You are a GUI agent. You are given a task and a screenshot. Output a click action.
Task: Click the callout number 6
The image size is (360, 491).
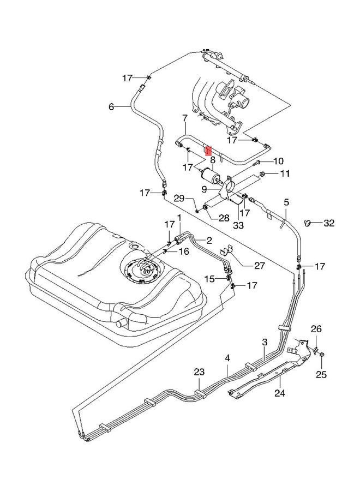[111, 107]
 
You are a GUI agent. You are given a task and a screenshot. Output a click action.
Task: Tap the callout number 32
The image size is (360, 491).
[329, 223]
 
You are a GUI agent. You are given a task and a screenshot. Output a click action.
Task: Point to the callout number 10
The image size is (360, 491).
[278, 161]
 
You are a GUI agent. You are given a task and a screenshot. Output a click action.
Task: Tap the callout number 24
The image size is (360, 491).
[280, 392]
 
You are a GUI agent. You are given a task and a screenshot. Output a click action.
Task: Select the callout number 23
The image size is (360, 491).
[199, 372]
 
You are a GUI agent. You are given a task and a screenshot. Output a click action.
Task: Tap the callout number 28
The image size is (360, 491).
[209, 218]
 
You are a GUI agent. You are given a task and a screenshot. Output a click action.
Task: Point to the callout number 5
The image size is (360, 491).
[286, 202]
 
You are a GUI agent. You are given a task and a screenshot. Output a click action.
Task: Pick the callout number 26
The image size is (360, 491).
[316, 328]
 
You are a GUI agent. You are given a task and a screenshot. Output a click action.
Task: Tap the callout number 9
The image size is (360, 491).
[203, 189]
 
